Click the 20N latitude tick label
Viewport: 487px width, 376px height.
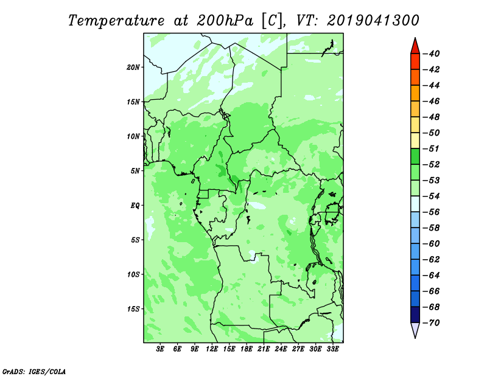(133, 68)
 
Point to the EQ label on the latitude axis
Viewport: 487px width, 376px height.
(135, 206)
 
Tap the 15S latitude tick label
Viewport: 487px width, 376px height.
(133, 309)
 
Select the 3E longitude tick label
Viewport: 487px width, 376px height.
(160, 349)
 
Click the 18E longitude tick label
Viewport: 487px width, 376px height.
(246, 349)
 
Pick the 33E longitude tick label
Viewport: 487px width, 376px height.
(332, 349)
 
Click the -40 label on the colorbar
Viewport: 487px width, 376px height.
(432, 54)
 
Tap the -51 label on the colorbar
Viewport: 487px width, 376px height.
(432, 148)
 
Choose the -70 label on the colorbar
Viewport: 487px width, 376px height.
(432, 323)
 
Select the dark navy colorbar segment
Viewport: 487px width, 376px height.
(415, 315)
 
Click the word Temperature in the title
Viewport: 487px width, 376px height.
(116, 21)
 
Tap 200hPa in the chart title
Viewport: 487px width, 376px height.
(225, 21)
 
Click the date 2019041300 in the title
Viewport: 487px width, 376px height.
(373, 21)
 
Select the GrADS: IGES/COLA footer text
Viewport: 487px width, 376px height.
(34, 372)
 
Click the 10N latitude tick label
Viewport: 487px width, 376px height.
(133, 136)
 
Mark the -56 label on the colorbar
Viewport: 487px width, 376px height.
(432, 212)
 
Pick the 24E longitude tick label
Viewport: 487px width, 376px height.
(281, 349)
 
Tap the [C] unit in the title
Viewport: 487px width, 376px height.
(272, 21)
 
